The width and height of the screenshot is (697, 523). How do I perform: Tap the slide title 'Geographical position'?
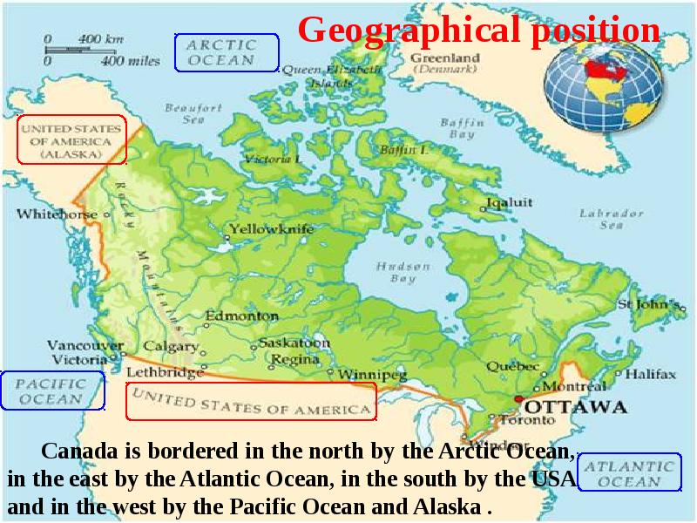[478, 31]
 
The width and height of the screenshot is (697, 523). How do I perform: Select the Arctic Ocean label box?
[227, 52]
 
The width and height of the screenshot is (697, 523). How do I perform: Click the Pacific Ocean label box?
[52, 391]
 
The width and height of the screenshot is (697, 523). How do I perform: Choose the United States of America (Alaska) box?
[72, 139]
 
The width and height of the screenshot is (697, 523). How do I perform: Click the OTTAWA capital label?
[577, 407]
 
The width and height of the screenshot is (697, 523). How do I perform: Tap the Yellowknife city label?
[271, 230]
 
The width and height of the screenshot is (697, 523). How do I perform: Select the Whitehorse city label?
[58, 214]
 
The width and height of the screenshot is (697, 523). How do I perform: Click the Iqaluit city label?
[510, 202]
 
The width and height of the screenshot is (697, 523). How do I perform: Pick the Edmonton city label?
[241, 316]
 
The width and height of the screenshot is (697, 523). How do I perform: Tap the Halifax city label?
[650, 374]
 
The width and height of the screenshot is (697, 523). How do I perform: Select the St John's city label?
[648, 305]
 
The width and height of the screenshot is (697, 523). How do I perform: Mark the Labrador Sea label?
[612, 219]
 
